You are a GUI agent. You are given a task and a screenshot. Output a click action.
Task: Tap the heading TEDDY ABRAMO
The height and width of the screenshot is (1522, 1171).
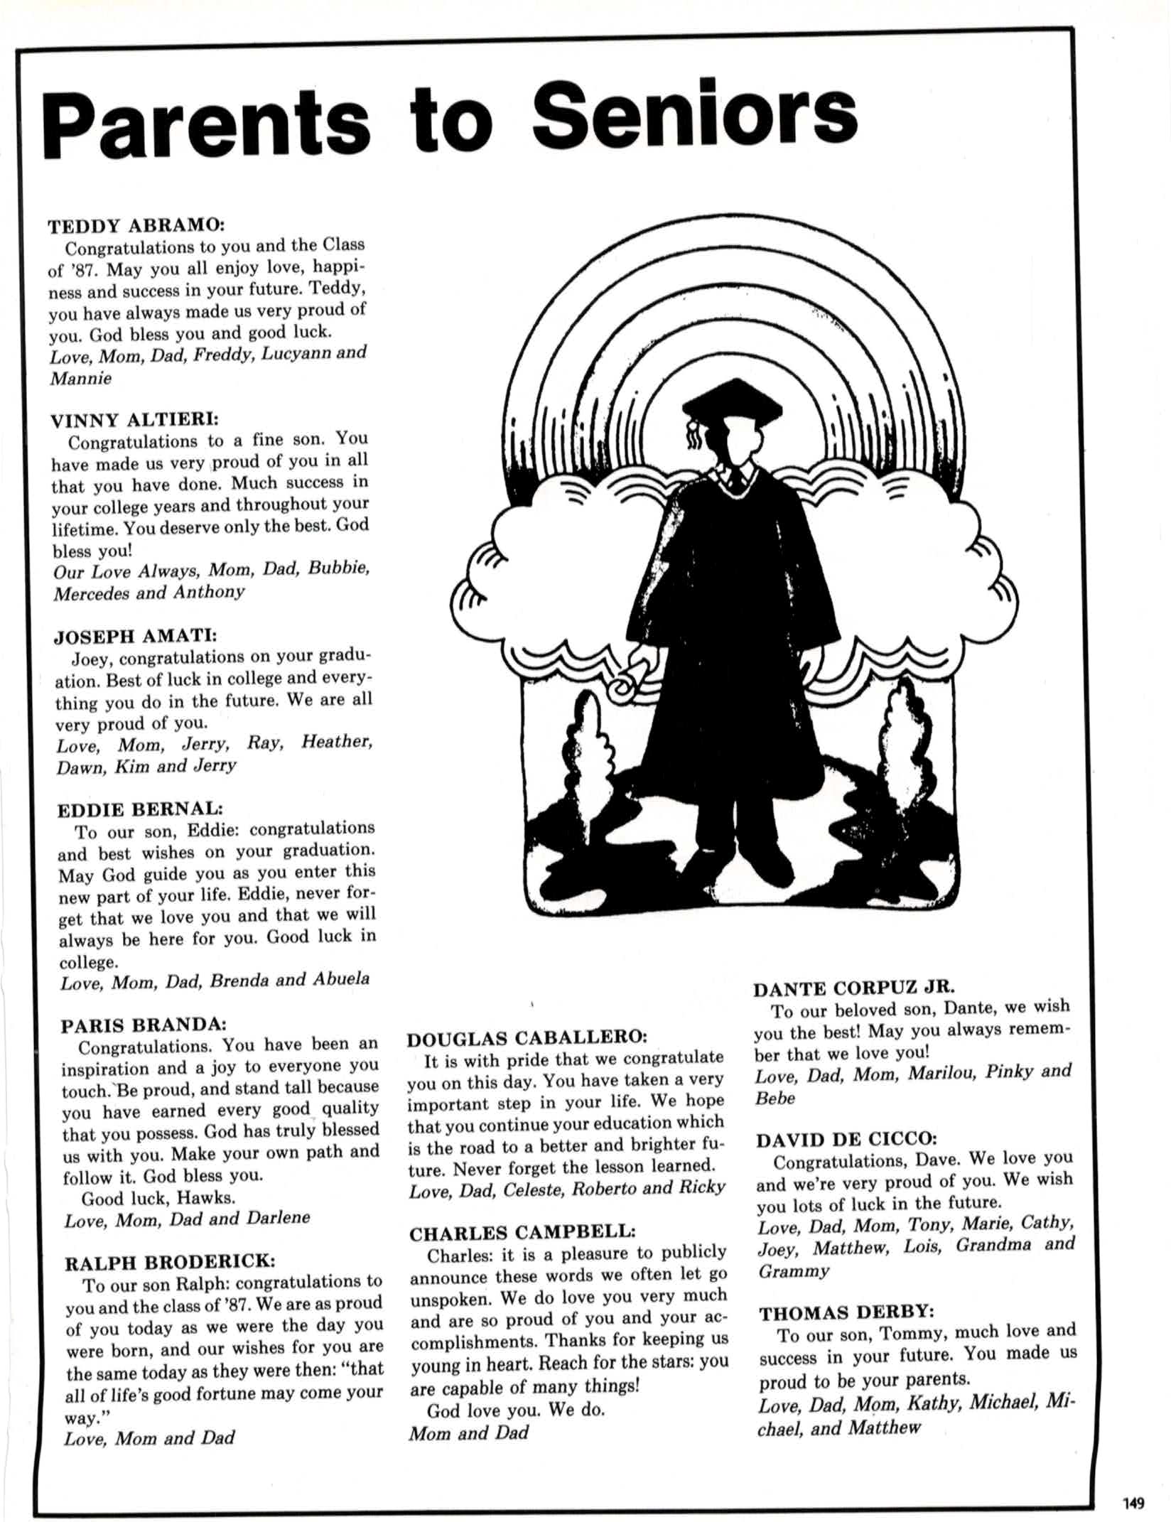coord(136,226)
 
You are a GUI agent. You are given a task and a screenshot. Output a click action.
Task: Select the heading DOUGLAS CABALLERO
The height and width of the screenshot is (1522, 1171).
coord(527,1038)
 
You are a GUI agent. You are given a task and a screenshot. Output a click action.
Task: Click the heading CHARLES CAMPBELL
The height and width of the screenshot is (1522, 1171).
coord(522,1233)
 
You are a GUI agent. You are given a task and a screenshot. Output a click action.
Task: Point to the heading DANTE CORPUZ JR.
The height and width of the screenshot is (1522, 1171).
coord(854,988)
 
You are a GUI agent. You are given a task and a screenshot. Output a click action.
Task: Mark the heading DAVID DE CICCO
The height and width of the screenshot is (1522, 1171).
coord(846,1140)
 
